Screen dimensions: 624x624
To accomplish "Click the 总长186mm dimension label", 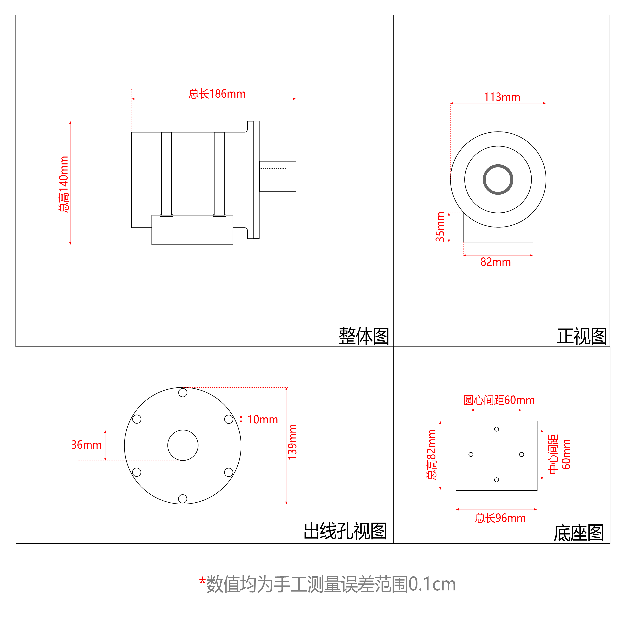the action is point(217,94).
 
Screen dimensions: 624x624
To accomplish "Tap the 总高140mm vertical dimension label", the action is point(64,184).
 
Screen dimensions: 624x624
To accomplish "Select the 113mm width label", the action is point(502,97).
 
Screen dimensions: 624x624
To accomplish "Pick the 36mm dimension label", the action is point(86,445).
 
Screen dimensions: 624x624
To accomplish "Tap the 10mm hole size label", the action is point(263,419).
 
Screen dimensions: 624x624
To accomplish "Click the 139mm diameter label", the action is point(292,442).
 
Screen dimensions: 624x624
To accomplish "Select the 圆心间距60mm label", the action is point(499,400).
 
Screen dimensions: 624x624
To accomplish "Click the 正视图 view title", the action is point(582,336).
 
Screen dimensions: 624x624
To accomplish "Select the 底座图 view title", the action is point(579,533).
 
